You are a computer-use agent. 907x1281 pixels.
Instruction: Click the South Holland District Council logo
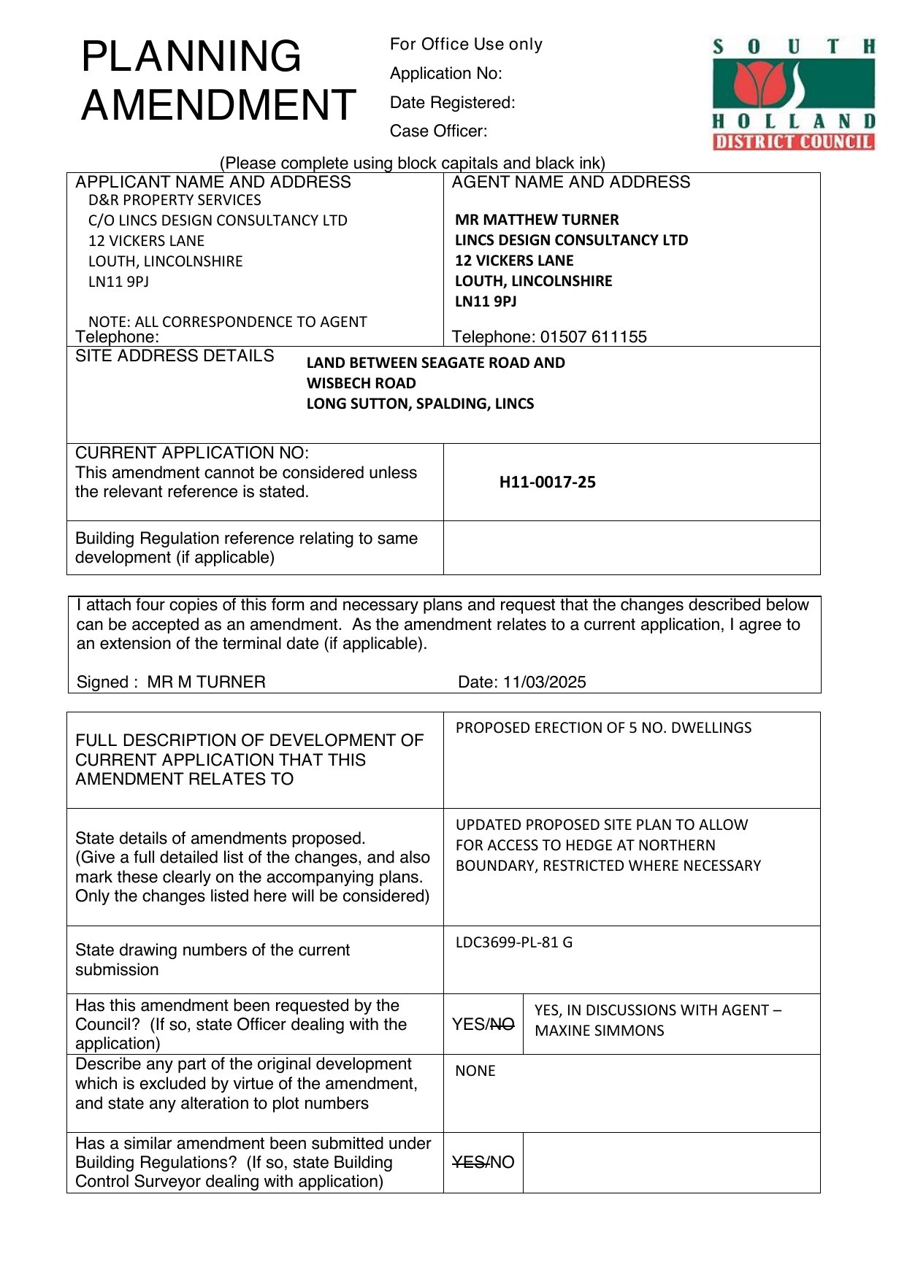point(793,93)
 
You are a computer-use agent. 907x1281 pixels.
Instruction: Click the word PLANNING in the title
point(191,56)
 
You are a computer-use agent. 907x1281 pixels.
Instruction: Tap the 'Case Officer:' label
point(438,131)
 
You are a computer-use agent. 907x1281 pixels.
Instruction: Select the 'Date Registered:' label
point(452,103)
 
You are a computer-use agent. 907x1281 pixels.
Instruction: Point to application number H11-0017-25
point(547,482)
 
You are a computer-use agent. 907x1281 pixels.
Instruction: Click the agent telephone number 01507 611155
point(593,337)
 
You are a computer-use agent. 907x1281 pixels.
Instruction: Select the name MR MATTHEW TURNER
point(536,220)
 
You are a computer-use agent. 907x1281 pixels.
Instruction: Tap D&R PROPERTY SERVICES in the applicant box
point(175,200)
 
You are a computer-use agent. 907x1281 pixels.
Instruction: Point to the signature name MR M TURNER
point(206,682)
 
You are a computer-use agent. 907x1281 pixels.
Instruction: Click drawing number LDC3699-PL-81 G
point(513,942)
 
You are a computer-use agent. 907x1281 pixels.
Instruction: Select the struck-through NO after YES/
point(502,1025)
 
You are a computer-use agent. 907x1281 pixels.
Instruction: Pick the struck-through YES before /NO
point(467,1163)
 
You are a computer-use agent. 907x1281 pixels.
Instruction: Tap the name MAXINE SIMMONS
point(599,1031)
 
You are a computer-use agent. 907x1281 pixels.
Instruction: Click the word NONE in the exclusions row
point(475,1071)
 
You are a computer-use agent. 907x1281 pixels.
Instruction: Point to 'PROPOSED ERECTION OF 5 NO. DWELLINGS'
point(603,728)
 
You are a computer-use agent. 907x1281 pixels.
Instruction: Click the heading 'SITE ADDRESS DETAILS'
point(175,356)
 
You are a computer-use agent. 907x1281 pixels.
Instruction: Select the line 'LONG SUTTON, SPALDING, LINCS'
point(420,404)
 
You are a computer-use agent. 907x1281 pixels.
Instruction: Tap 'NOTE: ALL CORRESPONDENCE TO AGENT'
point(227,322)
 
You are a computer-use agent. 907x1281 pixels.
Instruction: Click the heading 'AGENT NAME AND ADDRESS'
point(570,182)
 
